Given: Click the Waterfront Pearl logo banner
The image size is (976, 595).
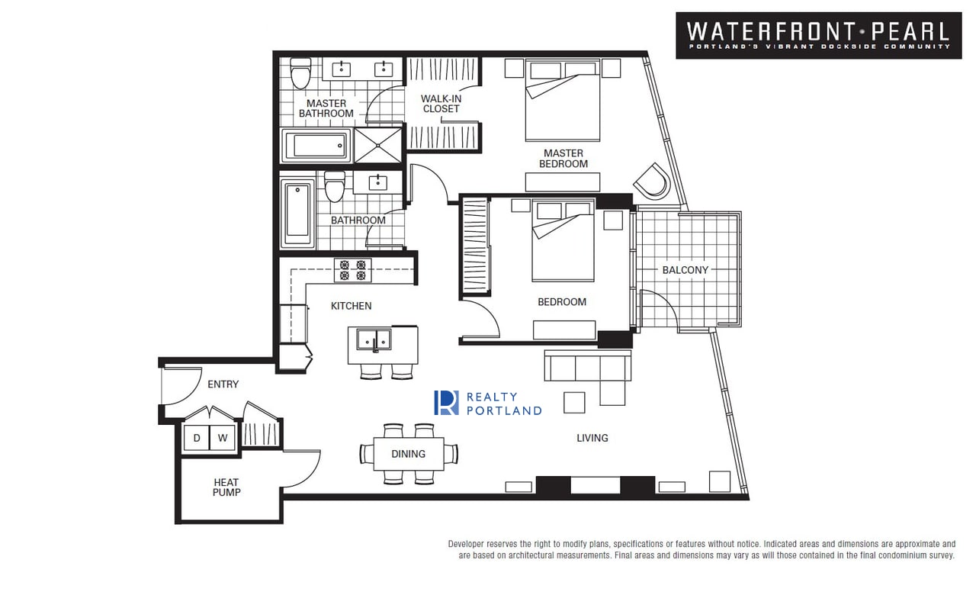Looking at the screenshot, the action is [819, 35].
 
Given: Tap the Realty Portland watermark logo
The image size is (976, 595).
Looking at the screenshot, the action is [488, 403].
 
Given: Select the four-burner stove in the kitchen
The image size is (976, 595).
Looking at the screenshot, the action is [353, 270].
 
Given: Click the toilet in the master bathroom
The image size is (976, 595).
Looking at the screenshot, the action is [300, 73].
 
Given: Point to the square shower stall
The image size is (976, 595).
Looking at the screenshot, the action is [377, 145].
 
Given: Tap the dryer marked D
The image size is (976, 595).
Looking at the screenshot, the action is [197, 438].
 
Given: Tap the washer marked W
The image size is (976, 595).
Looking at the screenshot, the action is [223, 438].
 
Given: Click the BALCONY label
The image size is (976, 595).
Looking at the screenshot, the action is [685, 270].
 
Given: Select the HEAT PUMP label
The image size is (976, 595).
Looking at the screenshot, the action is [226, 487].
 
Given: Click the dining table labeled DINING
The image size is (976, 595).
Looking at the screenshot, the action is [409, 454].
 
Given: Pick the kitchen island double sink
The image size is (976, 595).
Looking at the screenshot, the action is [374, 340].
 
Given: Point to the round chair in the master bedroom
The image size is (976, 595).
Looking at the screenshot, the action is [652, 181].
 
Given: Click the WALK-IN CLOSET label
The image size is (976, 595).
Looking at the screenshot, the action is [441, 104].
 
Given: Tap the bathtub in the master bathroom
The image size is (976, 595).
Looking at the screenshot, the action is [316, 146].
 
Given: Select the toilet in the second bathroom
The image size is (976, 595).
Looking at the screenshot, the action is [335, 187].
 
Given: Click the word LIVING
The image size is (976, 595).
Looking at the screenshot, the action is [592, 438].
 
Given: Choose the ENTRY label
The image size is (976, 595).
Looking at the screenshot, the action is [223, 384].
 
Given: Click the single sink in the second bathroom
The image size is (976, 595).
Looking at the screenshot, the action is [377, 182].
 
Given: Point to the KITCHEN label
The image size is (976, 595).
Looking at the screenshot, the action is [352, 306].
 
